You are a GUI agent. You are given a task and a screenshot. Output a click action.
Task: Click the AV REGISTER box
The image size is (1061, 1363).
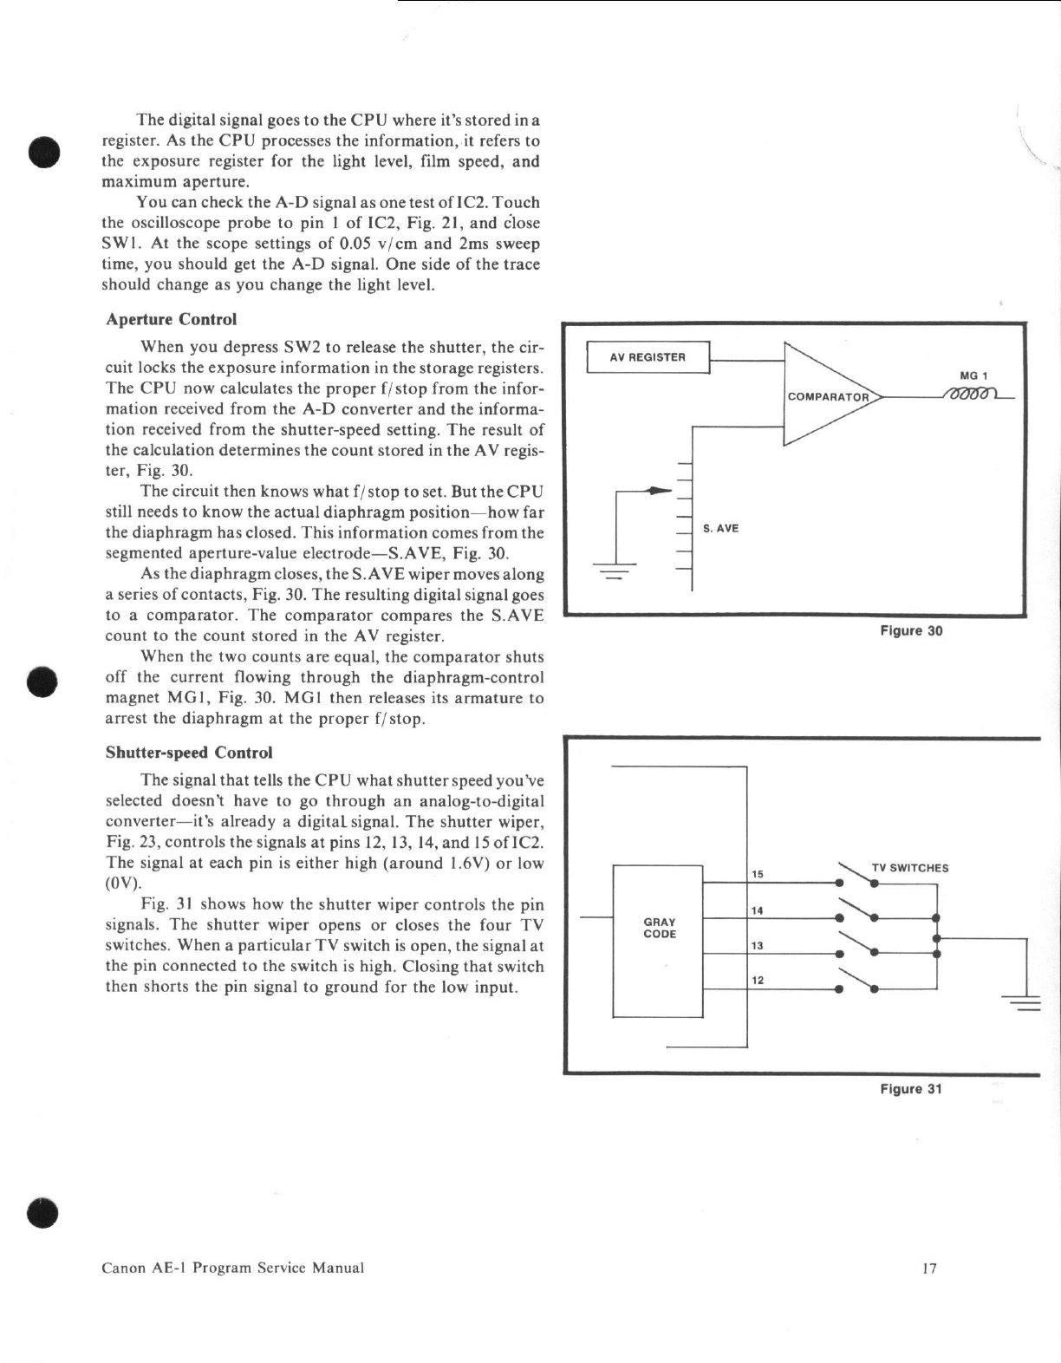tap(648, 357)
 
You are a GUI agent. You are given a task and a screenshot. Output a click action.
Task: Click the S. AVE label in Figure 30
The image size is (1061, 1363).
tap(720, 528)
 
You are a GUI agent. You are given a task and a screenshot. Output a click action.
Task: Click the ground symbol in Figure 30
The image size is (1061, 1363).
tap(615, 571)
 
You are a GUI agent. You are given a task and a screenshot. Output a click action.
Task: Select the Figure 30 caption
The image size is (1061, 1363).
tap(911, 631)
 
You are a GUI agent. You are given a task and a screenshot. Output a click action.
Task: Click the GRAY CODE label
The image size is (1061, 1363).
tap(660, 928)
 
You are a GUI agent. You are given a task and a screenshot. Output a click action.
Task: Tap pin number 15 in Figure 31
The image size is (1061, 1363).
tap(757, 874)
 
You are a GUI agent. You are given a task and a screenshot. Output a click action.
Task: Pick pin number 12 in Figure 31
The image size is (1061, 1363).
tap(757, 980)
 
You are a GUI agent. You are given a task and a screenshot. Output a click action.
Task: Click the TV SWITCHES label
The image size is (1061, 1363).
tap(909, 868)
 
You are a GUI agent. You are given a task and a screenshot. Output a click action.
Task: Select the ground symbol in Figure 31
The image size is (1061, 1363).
tap(1025, 1001)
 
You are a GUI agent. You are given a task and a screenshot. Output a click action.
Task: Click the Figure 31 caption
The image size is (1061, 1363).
tap(910, 1089)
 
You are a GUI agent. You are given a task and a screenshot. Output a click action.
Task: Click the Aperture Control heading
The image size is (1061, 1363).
tap(171, 319)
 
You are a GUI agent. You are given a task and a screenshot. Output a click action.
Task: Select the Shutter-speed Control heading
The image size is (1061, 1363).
tap(189, 753)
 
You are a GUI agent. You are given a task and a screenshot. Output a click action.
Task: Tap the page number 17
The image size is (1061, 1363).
tap(930, 1268)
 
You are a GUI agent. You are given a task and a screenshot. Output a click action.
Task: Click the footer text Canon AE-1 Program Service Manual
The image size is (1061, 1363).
tap(233, 1268)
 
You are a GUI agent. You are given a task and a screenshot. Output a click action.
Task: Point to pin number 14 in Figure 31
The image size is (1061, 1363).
tap(757, 910)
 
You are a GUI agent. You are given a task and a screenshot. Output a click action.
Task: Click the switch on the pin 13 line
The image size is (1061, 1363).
tap(856, 945)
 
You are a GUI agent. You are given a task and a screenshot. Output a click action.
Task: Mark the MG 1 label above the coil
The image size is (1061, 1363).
tap(973, 375)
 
